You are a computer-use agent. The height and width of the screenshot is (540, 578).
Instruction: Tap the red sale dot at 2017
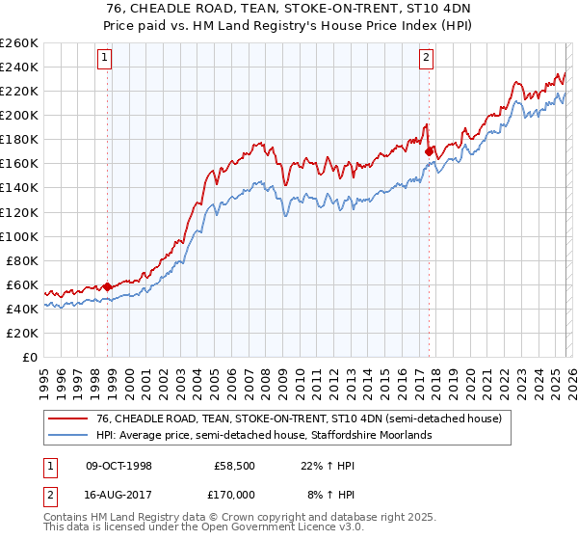429,150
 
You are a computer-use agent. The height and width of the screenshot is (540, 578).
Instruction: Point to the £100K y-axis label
19,236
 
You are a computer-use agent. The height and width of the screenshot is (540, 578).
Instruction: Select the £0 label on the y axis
29,357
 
